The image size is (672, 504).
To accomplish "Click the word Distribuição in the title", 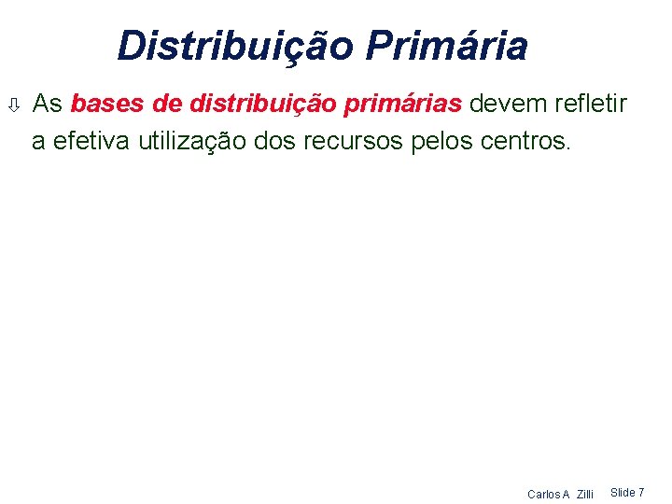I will point(234,45).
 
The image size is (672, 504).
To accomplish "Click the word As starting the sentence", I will point(47,103).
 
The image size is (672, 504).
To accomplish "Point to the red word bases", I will point(104,103).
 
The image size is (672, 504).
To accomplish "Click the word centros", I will point(524,141).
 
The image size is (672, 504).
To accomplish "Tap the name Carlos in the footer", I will point(543,494).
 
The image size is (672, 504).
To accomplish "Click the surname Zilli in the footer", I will point(584,494).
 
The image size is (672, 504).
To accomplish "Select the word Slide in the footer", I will point(622,492).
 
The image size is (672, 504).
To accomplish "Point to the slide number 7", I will point(641,492).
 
